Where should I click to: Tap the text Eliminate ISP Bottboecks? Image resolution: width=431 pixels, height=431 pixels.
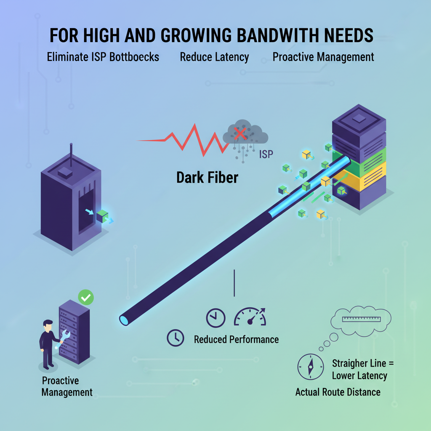click(x=103, y=57)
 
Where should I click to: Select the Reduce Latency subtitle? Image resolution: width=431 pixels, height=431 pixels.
click(x=214, y=57)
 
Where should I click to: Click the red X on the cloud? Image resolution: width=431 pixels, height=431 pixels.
click(x=240, y=133)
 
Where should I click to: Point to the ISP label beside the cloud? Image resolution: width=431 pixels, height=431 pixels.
click(x=266, y=154)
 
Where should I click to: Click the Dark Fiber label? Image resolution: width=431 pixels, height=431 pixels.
click(x=207, y=178)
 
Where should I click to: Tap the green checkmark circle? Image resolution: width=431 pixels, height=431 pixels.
click(x=86, y=298)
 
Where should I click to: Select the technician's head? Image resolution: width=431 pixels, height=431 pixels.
click(x=48, y=326)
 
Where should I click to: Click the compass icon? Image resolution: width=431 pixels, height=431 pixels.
click(x=311, y=367)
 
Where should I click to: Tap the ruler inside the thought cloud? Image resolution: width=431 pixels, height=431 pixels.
click(x=362, y=319)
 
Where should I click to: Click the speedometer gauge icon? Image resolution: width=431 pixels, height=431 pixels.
click(x=250, y=317)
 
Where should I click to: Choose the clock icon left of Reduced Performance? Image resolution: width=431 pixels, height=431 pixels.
click(x=176, y=338)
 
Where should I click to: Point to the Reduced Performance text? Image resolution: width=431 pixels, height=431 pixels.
click(x=237, y=340)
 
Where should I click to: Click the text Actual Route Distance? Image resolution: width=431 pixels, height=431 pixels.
click(x=338, y=392)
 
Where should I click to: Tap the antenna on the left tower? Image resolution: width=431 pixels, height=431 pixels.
click(x=71, y=155)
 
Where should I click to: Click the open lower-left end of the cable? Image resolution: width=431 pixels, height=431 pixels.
click(x=124, y=320)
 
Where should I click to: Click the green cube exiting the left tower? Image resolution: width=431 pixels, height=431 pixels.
click(x=102, y=216)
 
